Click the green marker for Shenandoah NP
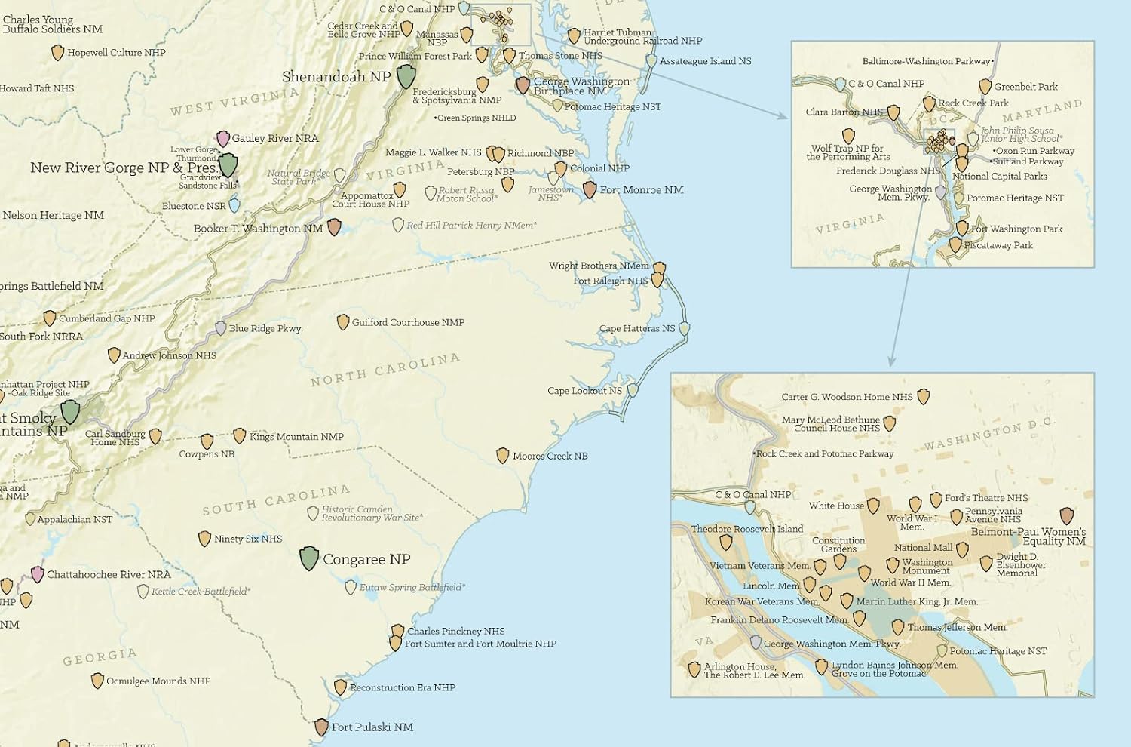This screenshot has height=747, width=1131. (406, 75)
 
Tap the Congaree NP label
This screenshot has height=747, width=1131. (366, 559)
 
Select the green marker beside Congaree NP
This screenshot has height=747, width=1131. (309, 558)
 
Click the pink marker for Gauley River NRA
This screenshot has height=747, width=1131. (223, 138)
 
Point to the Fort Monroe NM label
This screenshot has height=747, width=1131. (642, 190)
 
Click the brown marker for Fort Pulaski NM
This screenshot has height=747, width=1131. (321, 727)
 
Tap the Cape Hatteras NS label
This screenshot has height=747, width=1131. (637, 329)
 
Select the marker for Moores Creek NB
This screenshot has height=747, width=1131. (503, 456)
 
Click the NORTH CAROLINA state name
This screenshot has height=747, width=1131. (385, 370)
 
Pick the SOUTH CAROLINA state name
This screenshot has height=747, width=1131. (276, 500)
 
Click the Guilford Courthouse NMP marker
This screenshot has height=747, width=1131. (343, 322)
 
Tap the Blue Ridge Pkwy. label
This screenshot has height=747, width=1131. (265, 329)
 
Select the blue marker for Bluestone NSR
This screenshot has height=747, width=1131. (234, 204)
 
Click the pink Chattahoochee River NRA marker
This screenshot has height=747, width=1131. (38, 574)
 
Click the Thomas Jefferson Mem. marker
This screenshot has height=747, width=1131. (898, 627)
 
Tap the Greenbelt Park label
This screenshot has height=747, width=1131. (1025, 87)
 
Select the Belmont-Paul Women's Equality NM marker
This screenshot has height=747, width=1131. (1066, 515)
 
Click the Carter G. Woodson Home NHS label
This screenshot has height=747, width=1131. (847, 397)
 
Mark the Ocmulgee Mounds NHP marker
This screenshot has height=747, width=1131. (97, 681)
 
